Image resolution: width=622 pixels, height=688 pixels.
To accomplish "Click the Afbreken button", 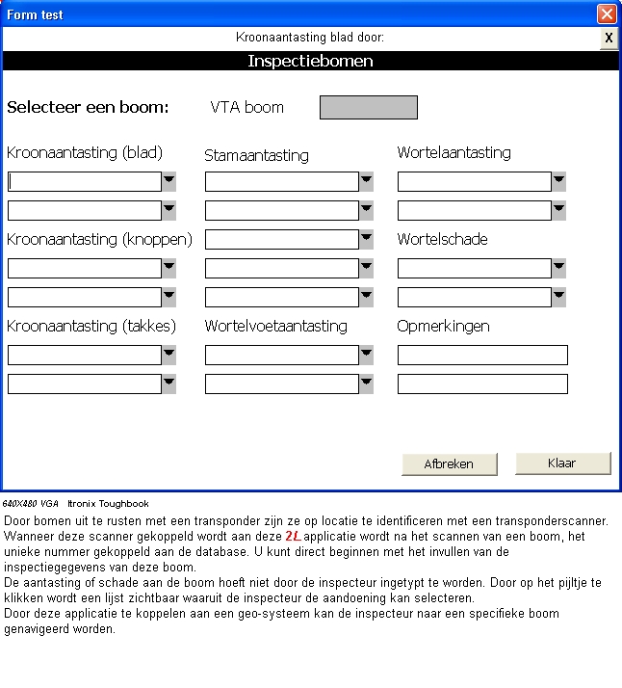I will [449, 463].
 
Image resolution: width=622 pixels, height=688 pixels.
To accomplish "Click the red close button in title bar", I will [607, 14].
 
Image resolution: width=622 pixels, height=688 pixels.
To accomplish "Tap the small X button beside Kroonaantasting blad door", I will [609, 38].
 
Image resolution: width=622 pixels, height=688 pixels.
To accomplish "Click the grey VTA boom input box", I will [369, 107].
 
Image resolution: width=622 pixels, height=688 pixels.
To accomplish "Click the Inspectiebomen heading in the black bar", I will [310, 61].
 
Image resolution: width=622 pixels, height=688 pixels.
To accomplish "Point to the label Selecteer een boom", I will [88, 107].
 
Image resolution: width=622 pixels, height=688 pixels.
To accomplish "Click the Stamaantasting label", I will [256, 155].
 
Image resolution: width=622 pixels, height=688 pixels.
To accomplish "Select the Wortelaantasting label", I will [454, 152].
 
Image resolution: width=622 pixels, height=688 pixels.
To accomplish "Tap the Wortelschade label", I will [442, 239].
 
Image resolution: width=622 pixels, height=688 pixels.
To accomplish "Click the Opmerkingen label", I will [443, 326].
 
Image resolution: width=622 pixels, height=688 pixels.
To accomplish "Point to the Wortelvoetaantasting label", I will [275, 326].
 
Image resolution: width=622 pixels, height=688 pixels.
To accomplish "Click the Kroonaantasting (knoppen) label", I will [99, 239].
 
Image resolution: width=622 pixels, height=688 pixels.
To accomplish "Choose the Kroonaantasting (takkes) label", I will [91, 326].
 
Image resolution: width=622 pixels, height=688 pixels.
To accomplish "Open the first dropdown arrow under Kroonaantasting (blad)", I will [168, 181].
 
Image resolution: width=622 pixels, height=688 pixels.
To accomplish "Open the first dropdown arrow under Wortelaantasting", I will [558, 181].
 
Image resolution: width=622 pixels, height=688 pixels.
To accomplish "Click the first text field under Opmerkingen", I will [482, 356].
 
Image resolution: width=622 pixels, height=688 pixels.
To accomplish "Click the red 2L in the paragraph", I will [293, 535].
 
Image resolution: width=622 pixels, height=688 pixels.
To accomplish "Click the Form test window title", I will [36, 14].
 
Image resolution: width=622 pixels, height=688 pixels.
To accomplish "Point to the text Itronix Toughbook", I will [108, 504].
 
